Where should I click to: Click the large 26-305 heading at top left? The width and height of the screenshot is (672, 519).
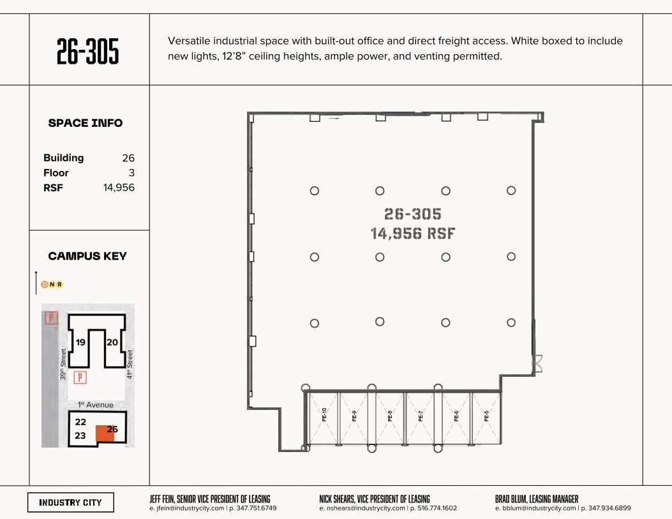[x=88, y=51]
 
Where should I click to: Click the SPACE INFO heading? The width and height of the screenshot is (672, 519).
[x=86, y=123]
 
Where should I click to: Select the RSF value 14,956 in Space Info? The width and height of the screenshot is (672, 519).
[x=119, y=187]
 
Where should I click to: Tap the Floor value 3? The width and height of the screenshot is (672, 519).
[x=131, y=173]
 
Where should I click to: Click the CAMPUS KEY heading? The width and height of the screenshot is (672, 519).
[x=87, y=256]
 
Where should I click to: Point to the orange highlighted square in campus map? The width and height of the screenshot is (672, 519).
[x=105, y=434]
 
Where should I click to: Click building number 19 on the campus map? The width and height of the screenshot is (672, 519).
[x=81, y=342]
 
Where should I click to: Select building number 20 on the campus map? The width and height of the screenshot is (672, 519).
[x=112, y=342]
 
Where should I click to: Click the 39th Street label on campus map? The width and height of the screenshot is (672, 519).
[x=63, y=364]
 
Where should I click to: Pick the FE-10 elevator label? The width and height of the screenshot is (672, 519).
[x=324, y=415]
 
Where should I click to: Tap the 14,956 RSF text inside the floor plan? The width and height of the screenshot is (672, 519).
[x=413, y=234]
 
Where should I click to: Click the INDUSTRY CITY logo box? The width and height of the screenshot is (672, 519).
[x=70, y=502]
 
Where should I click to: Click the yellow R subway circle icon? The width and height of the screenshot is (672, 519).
[x=60, y=284]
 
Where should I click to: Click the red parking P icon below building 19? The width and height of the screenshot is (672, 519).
[x=80, y=377]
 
